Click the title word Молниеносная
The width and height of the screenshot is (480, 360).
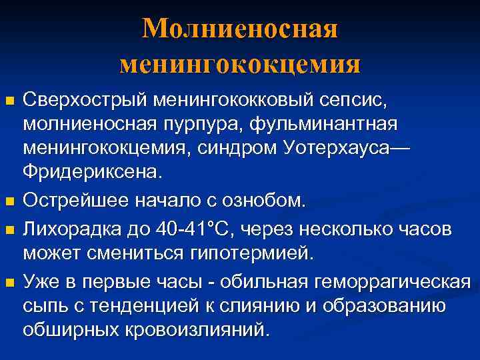coord(240,29)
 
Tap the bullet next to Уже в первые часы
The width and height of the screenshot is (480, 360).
coord(9,284)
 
